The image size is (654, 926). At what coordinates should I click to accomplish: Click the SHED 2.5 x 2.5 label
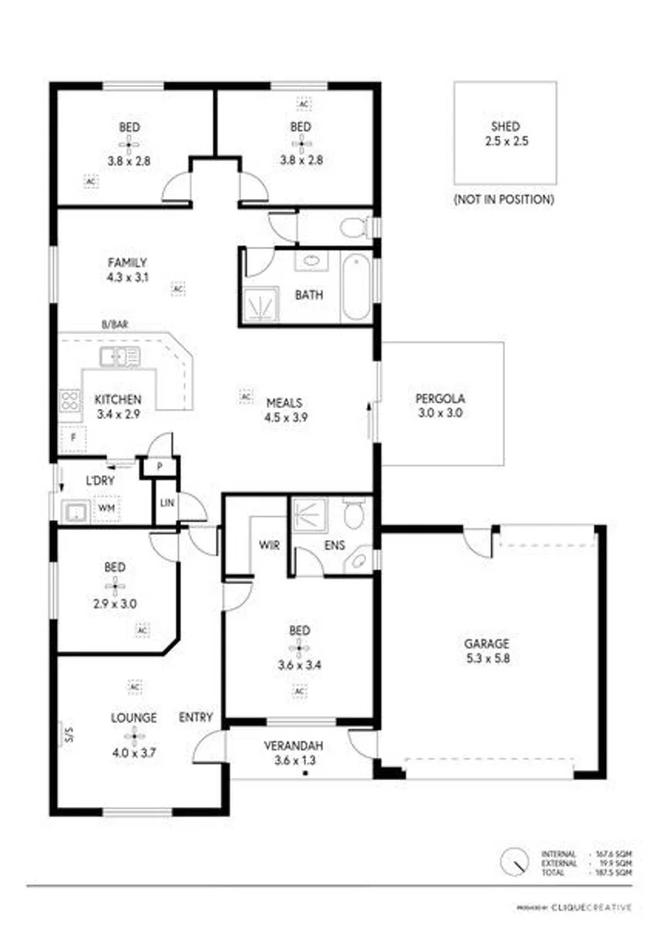tap(505, 135)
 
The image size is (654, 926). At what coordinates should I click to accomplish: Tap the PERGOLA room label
tap(441, 405)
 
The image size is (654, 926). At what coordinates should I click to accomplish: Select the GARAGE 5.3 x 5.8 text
tap(487, 651)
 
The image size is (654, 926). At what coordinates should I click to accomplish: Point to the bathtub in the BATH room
tap(356, 287)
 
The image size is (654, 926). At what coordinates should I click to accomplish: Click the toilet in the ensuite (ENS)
tap(355, 514)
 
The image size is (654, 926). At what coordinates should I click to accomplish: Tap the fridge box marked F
tap(74, 437)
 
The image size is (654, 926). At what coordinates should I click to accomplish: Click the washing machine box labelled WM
tap(105, 509)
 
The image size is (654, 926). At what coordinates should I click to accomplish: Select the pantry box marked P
tap(161, 467)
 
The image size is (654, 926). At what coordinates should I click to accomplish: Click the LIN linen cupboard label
tap(166, 502)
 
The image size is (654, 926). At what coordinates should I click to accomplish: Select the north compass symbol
tap(515, 859)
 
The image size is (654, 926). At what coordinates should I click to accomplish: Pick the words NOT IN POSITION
tap(504, 199)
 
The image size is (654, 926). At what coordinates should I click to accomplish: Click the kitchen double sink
tap(119, 357)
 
